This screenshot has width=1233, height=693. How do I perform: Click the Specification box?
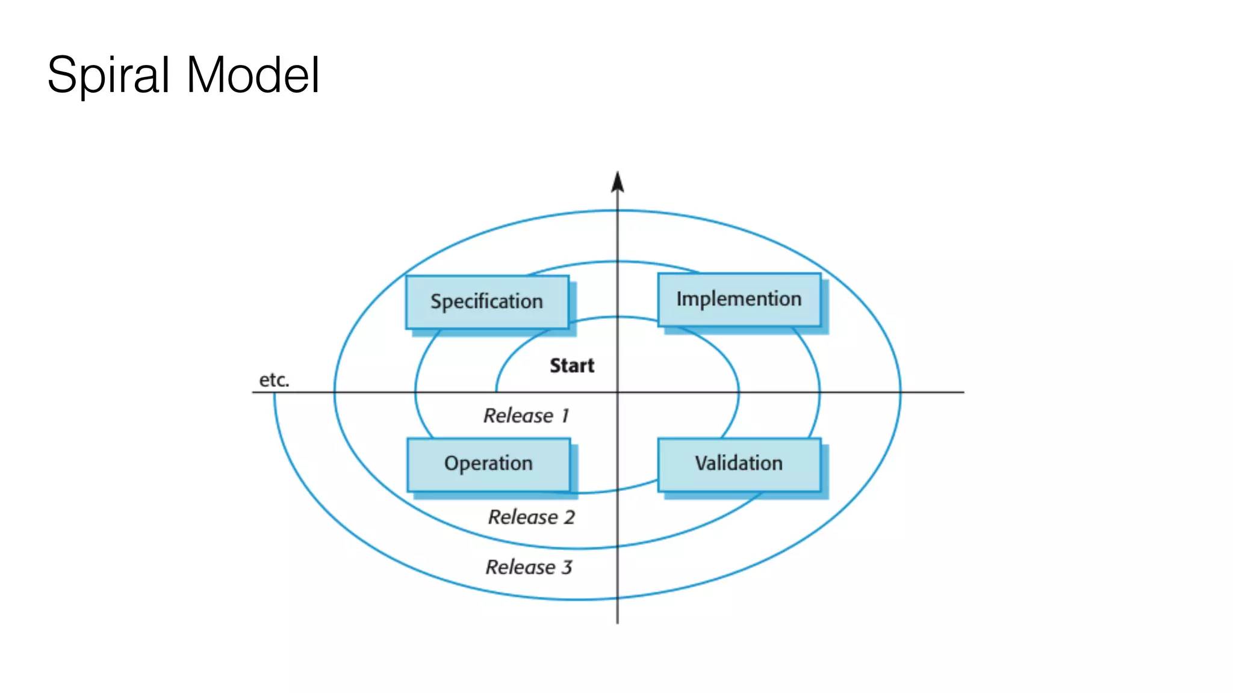(x=487, y=302)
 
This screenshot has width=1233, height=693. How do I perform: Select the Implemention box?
(x=739, y=300)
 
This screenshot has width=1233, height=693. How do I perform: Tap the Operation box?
(x=488, y=464)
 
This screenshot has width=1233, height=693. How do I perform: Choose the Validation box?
(x=739, y=464)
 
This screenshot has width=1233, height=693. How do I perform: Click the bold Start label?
(x=571, y=366)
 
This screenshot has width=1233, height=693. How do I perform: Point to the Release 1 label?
(x=526, y=416)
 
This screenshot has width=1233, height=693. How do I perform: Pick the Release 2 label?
(x=531, y=517)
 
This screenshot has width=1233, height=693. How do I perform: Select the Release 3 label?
(x=529, y=567)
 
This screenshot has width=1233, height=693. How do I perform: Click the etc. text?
(x=274, y=380)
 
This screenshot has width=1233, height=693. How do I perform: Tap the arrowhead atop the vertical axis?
(x=617, y=182)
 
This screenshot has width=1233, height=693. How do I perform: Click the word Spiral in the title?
(x=108, y=75)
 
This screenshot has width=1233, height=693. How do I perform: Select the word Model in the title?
(x=253, y=75)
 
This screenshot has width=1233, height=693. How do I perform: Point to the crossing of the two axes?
(x=617, y=392)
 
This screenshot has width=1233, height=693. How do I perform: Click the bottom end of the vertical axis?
(x=617, y=622)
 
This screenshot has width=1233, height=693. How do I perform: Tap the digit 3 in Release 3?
(x=567, y=567)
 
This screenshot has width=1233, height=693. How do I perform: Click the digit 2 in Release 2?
(x=569, y=517)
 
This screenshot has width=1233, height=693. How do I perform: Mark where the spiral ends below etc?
(x=275, y=394)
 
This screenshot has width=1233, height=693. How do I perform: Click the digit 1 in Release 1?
(x=565, y=416)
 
